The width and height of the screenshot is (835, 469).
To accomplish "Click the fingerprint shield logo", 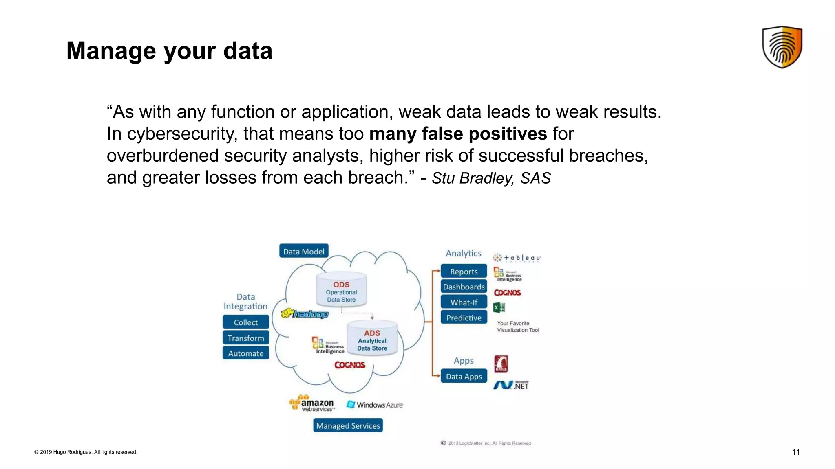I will [782, 47].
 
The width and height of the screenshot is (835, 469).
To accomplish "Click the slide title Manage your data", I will [169, 50].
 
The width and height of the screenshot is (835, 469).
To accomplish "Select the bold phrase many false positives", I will [457, 134].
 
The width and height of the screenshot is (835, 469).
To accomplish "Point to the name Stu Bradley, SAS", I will [491, 178].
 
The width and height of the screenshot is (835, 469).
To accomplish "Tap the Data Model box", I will [304, 251].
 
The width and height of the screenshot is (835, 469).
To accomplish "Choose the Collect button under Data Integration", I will [246, 322].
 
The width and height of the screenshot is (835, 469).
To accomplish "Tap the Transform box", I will [246, 338].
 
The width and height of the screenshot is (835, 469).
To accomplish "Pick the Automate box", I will [246, 353].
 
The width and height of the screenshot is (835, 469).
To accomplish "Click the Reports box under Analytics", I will [464, 271].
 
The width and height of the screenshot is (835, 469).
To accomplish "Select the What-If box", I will [464, 302].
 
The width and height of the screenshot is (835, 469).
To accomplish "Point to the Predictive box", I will [464, 318].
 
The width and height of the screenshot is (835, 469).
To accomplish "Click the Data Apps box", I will [464, 376].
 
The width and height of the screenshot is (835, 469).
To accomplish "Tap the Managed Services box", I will [348, 425].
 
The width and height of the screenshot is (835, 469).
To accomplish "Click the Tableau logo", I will [517, 258].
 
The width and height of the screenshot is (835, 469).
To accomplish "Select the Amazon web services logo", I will [311, 403].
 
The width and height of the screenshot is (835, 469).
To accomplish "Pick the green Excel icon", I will [499, 307].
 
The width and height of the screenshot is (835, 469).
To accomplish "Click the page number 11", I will [795, 452].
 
